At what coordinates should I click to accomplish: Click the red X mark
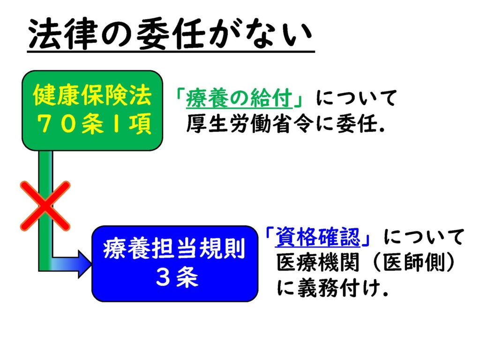(45, 206)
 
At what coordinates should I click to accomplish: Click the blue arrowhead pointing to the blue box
(85, 264)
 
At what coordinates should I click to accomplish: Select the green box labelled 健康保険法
(92, 111)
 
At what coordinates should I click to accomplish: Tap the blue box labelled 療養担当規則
(175, 263)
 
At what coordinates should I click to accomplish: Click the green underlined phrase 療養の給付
(239, 98)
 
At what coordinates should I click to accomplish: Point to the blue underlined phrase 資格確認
(318, 237)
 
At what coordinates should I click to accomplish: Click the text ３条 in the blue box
(177, 277)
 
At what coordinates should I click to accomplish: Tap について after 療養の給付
(356, 98)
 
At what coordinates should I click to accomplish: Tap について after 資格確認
(424, 237)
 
